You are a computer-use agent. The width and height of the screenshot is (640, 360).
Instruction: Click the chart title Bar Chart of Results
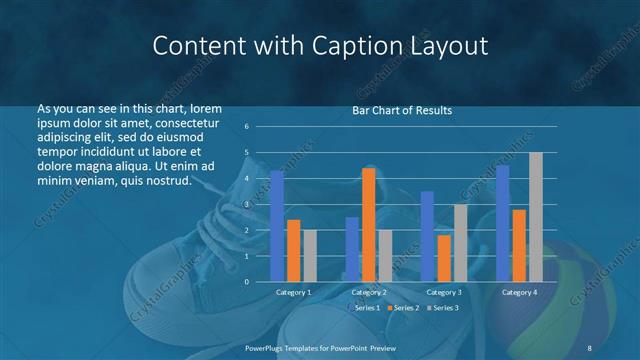[x=401, y=110]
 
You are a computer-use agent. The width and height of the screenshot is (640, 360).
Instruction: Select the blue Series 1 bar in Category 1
[x=277, y=225]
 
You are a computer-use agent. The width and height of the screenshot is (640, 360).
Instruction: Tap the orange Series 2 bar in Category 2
[x=368, y=224]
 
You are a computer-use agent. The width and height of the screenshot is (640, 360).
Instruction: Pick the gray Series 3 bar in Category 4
[x=535, y=216]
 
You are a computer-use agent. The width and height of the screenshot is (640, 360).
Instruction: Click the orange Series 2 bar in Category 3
[x=444, y=258]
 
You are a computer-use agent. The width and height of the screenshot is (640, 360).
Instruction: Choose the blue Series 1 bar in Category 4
[x=502, y=223]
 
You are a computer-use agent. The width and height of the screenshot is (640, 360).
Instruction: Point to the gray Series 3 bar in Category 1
[x=310, y=255]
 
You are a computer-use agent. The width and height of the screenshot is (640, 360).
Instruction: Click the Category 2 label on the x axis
[x=368, y=292]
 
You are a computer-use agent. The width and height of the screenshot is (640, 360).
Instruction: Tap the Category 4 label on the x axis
[x=518, y=292]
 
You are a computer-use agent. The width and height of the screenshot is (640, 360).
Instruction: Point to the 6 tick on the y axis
[x=247, y=127]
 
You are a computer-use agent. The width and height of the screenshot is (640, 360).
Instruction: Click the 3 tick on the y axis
[x=247, y=204]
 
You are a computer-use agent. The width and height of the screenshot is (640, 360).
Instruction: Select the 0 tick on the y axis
[x=247, y=281]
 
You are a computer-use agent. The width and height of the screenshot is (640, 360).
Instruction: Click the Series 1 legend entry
[x=365, y=308]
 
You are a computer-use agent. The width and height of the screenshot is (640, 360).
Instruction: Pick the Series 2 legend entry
[x=404, y=308]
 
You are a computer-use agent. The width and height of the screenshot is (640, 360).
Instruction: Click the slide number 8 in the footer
[x=589, y=346]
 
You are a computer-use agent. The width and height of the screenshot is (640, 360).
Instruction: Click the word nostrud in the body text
[x=166, y=181]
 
